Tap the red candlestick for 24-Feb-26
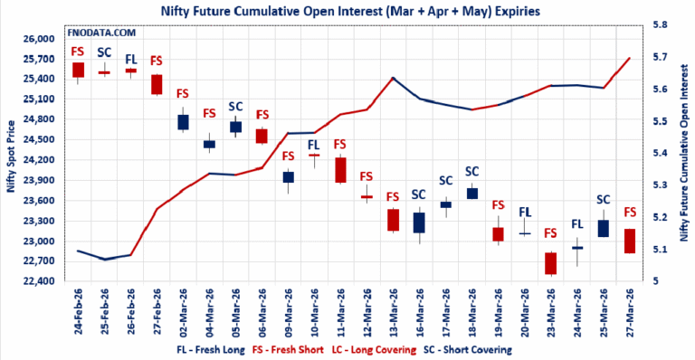(x=78, y=70)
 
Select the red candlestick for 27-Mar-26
(x=629, y=241)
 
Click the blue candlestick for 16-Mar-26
(x=419, y=223)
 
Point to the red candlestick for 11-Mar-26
(x=340, y=170)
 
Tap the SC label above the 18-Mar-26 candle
(x=471, y=171)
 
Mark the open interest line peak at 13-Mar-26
(x=393, y=78)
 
